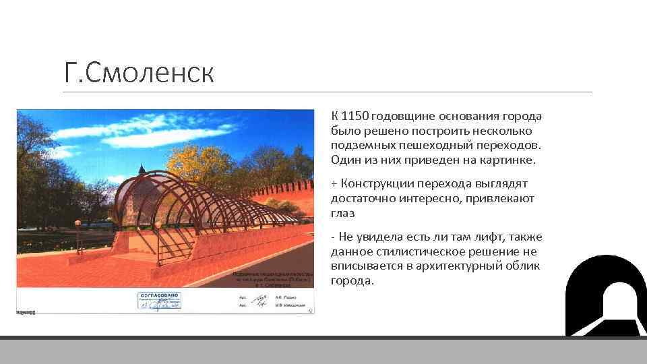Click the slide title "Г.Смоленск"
139,72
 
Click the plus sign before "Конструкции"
334,183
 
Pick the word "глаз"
342,213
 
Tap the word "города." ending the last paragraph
352,281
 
